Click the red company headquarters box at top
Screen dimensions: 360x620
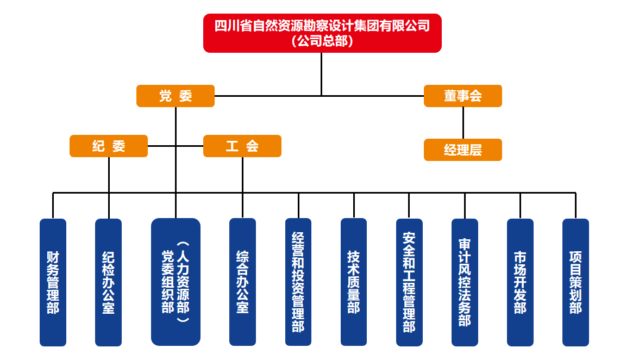[x=322, y=33]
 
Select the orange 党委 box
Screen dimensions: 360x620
[x=175, y=96]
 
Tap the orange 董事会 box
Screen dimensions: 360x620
[x=462, y=96]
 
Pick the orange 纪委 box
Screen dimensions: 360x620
[x=109, y=146]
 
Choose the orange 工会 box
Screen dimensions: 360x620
[x=242, y=146]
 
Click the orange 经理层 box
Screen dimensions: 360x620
[x=462, y=150]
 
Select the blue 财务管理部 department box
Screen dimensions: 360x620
[x=53, y=282]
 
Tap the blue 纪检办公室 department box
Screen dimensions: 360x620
[x=108, y=282]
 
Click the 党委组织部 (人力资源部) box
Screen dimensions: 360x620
[x=176, y=282]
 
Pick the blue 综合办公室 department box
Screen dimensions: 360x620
[x=242, y=282]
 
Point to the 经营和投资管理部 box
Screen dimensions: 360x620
[x=298, y=282]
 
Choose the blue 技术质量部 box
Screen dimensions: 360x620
[x=354, y=282]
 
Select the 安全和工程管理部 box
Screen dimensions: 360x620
[x=409, y=282]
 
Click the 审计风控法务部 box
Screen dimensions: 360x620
[x=465, y=282]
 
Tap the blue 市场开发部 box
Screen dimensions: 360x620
[x=520, y=282]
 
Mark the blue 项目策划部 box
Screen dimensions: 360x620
[x=575, y=282]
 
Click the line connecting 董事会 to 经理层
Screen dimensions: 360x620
[x=463, y=122]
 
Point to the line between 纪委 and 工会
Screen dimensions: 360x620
[x=175, y=146]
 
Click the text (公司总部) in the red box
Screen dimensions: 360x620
[x=322, y=41]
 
